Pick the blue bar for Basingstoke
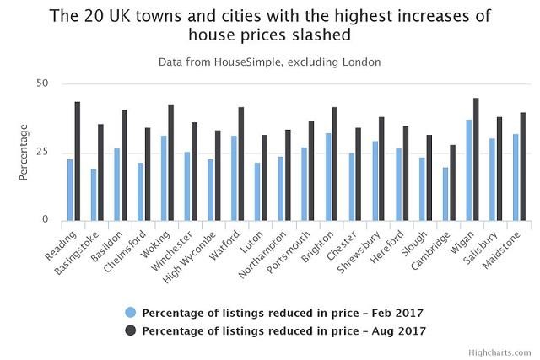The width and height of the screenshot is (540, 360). pos(94,195)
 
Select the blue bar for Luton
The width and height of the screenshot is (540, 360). pos(257,191)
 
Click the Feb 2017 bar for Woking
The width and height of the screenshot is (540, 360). pos(164,178)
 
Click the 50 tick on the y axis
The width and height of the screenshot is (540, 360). pos(42,83)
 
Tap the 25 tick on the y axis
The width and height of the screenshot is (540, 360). pos(42,152)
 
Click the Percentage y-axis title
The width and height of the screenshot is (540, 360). pos(24,152)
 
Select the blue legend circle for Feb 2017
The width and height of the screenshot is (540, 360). pos(129,310)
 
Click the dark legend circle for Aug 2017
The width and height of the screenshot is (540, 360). pos(129,330)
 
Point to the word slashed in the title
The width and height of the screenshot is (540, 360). pos(336,37)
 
